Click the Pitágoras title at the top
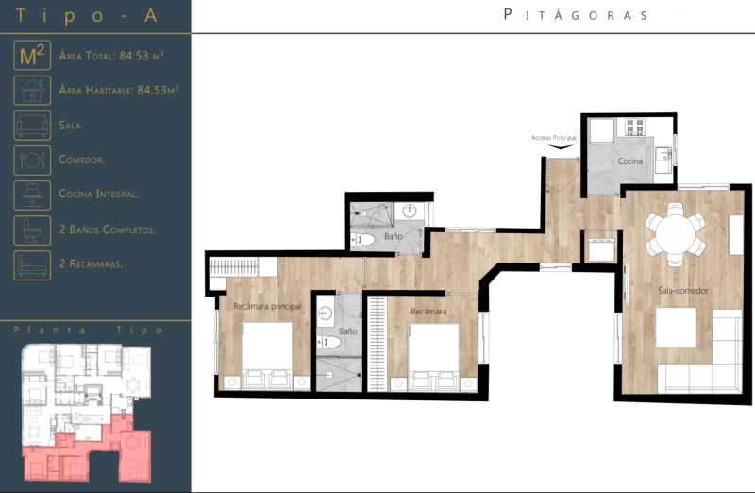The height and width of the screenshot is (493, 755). pyautogui.click(x=576, y=14)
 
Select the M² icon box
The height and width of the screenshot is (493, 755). pyautogui.click(x=32, y=56)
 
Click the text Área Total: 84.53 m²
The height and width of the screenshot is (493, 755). pyautogui.click(x=111, y=57)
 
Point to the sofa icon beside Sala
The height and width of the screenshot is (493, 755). pyautogui.click(x=32, y=125)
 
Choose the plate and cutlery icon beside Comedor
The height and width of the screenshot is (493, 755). pyautogui.click(x=32, y=160)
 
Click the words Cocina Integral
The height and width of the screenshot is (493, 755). pyautogui.click(x=98, y=194)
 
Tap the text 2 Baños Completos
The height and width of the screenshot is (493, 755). pyautogui.click(x=107, y=229)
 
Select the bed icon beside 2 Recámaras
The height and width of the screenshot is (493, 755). pyautogui.click(x=32, y=263)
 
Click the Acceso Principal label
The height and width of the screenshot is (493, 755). pyautogui.click(x=553, y=138)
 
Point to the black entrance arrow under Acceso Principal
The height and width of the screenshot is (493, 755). pyautogui.click(x=563, y=146)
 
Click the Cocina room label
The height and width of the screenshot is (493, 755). pyautogui.click(x=630, y=161)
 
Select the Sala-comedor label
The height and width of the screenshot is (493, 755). pyautogui.click(x=683, y=290)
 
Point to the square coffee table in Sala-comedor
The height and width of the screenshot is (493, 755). pyautogui.click(x=676, y=328)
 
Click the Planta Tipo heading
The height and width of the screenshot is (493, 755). pyautogui.click(x=90, y=331)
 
